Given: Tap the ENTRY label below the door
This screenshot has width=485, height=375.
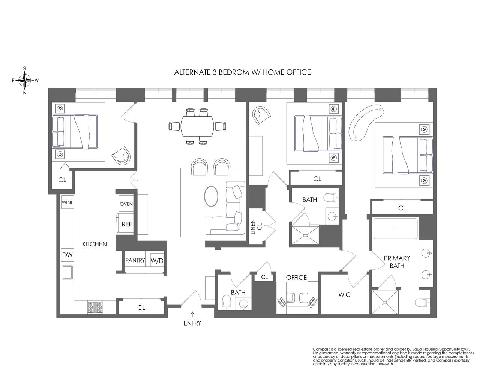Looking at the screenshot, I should click(x=192, y=323).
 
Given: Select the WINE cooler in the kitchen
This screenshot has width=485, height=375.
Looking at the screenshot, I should click(x=68, y=202).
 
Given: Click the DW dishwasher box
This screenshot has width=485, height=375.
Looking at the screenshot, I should click(x=67, y=255).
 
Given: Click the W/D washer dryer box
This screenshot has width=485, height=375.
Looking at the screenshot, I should click(x=157, y=260).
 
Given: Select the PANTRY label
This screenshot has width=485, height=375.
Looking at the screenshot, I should click(x=135, y=260).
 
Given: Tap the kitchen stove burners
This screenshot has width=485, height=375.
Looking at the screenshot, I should click(x=95, y=307).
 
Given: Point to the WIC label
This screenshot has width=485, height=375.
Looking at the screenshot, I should click(x=344, y=295).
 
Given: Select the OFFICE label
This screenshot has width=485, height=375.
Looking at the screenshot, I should click(x=296, y=277).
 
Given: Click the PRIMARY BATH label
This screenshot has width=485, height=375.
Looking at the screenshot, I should click(x=396, y=262).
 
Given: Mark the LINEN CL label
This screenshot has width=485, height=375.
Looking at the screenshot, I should click(x=256, y=228).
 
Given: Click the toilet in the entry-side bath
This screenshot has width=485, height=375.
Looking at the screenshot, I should click(x=227, y=301).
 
